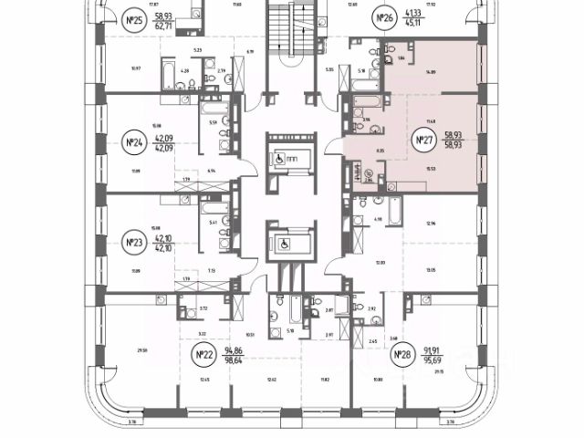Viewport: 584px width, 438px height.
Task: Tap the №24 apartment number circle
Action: click(x=136, y=142)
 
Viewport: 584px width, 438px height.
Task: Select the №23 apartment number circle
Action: click(x=136, y=243)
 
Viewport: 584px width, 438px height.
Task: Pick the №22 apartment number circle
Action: click(x=207, y=354)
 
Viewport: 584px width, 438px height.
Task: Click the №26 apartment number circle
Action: click(x=384, y=17)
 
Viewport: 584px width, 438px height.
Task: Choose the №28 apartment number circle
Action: click(x=401, y=353)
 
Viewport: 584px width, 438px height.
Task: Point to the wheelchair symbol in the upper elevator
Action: click(x=278, y=155)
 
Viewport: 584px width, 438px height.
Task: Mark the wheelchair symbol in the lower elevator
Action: click(x=284, y=244)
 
